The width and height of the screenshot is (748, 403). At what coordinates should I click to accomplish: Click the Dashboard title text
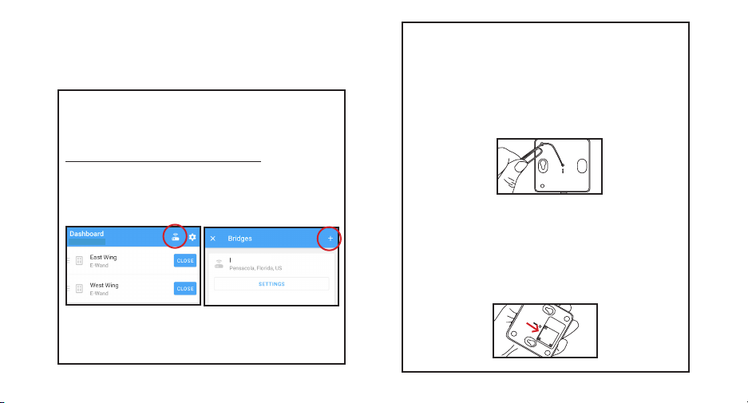click(x=86, y=234)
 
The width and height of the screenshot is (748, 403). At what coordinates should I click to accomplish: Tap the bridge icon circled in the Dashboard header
click(x=175, y=236)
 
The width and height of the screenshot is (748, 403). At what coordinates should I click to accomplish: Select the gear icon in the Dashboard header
click(x=192, y=237)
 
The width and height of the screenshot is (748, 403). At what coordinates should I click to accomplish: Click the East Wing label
click(x=103, y=257)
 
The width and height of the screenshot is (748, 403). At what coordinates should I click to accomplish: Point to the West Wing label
click(x=104, y=285)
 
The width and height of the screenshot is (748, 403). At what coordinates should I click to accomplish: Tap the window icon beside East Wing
click(x=79, y=260)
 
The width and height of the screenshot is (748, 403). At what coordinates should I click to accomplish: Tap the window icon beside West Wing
click(x=79, y=289)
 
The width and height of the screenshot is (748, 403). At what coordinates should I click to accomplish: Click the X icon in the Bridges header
click(x=213, y=239)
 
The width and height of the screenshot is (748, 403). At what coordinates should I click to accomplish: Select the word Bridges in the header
click(x=240, y=239)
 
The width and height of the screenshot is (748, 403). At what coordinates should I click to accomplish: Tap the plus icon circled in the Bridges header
click(x=330, y=239)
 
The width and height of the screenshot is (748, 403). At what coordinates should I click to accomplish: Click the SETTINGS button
click(x=271, y=284)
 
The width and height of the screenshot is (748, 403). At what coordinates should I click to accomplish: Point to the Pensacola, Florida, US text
click(x=255, y=268)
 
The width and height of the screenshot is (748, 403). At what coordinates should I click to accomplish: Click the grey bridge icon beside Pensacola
click(x=219, y=263)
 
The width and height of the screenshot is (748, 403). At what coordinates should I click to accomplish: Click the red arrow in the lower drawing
click(x=532, y=326)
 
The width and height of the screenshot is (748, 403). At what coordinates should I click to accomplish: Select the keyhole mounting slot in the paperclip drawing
click(x=542, y=166)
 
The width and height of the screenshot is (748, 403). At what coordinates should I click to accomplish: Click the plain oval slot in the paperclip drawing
click(x=582, y=166)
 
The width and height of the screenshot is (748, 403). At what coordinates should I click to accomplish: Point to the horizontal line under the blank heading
click(x=163, y=162)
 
